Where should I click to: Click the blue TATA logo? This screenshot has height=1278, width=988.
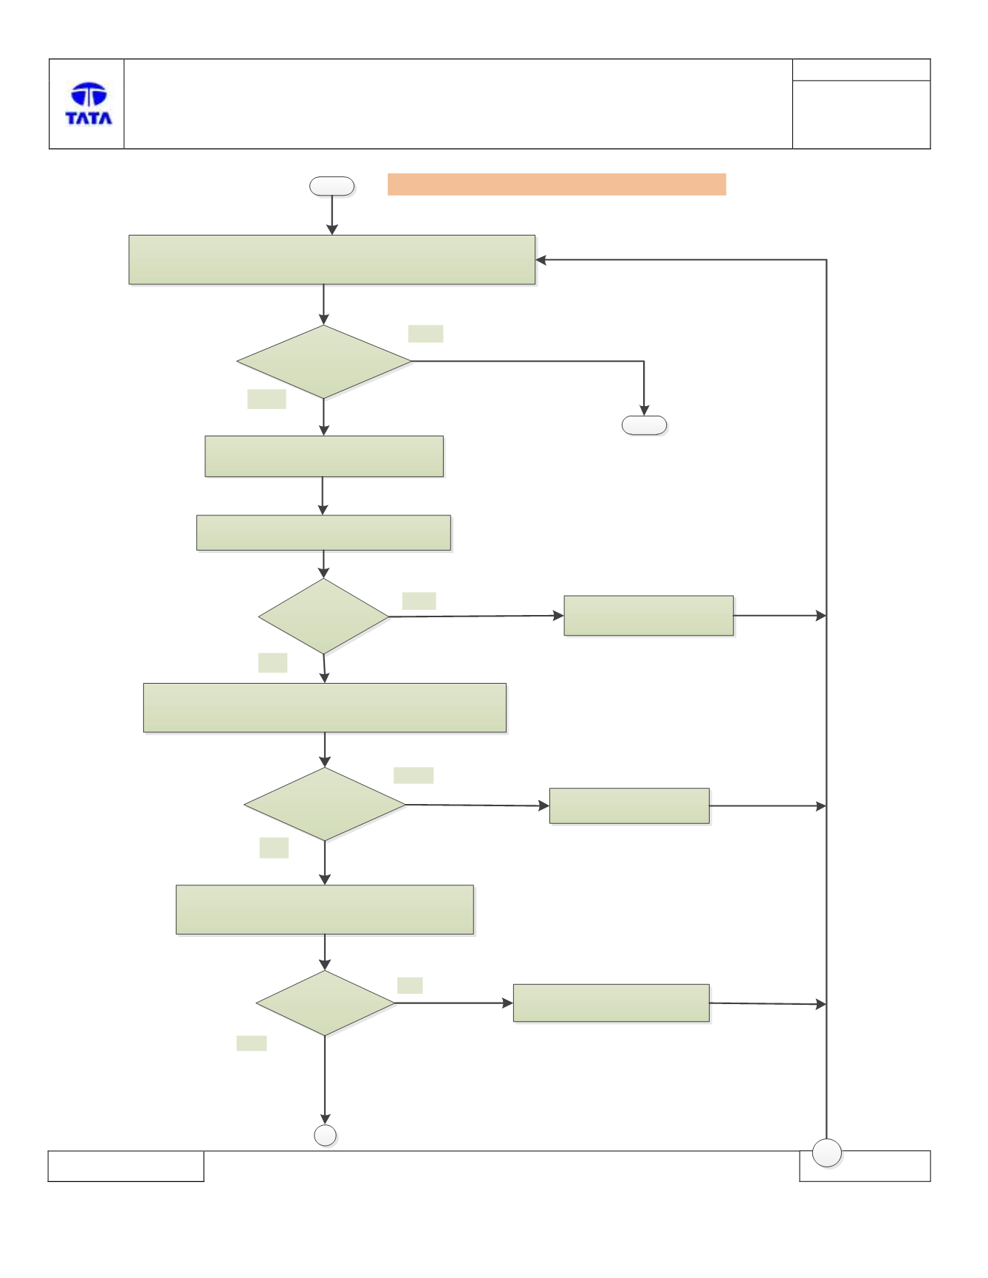click(89, 103)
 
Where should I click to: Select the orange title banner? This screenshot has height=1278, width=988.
click(557, 185)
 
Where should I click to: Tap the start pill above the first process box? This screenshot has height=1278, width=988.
click(332, 186)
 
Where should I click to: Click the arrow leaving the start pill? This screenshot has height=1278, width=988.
click(332, 215)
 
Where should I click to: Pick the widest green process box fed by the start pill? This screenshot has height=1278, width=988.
click(332, 260)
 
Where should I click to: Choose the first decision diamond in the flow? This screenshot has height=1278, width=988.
click(323, 362)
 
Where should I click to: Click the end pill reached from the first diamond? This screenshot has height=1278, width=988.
click(645, 425)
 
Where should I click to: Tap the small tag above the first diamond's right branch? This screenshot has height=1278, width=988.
click(425, 334)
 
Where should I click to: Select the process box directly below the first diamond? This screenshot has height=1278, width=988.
click(324, 456)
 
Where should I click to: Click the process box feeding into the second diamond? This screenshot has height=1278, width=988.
click(323, 533)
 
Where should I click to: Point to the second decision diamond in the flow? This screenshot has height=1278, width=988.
click(323, 616)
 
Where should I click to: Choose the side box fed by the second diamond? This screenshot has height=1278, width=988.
click(649, 616)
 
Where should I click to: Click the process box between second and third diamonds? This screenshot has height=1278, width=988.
click(325, 708)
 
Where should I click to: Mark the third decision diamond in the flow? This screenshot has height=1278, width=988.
click(325, 804)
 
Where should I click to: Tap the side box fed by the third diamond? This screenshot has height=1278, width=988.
click(629, 806)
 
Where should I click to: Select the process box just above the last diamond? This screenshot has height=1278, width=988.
click(325, 910)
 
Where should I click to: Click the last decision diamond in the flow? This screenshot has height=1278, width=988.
click(325, 1003)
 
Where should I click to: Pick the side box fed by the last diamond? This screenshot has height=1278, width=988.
click(611, 1003)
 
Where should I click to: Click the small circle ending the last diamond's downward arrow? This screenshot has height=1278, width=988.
click(326, 1136)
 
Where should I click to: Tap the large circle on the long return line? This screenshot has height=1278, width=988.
click(827, 1153)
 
